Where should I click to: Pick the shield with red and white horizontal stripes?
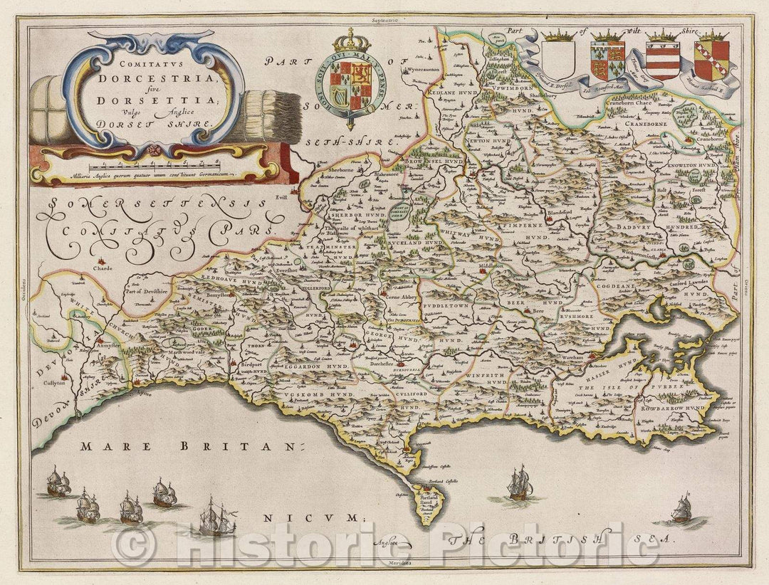tap(661, 60)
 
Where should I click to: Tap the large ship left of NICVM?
tap(218, 517)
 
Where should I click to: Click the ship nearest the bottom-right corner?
tap(681, 508)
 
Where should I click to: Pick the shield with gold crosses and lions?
tap(607, 60)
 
